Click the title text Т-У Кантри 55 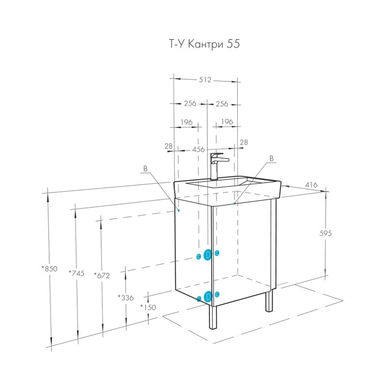[x=204, y=44]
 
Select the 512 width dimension [x=205, y=79]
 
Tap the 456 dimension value [x=199, y=149]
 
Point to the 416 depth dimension [x=311, y=185]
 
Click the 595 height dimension [x=326, y=233]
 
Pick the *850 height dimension [x=49, y=268]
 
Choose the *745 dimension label [x=77, y=273]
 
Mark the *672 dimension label [x=102, y=275]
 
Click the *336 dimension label [x=125, y=298]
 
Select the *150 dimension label [x=148, y=307]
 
